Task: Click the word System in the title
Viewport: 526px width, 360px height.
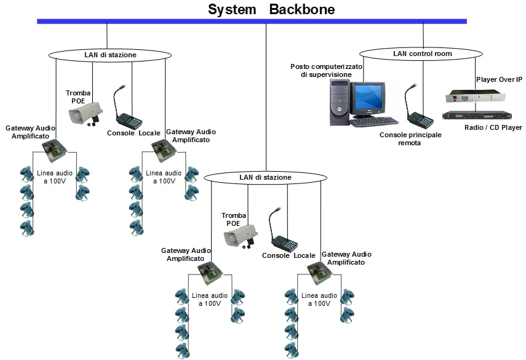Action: point(233,9)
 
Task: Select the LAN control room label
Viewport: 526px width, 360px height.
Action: point(422,54)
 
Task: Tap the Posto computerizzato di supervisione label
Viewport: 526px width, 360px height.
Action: point(327,70)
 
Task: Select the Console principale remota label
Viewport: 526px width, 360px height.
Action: point(410,138)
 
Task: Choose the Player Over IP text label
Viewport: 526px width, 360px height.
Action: point(499,79)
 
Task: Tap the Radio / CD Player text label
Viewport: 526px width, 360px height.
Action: point(493,127)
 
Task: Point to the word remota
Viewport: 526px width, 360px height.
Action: point(410,143)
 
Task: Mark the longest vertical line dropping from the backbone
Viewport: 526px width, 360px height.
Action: point(266,98)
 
